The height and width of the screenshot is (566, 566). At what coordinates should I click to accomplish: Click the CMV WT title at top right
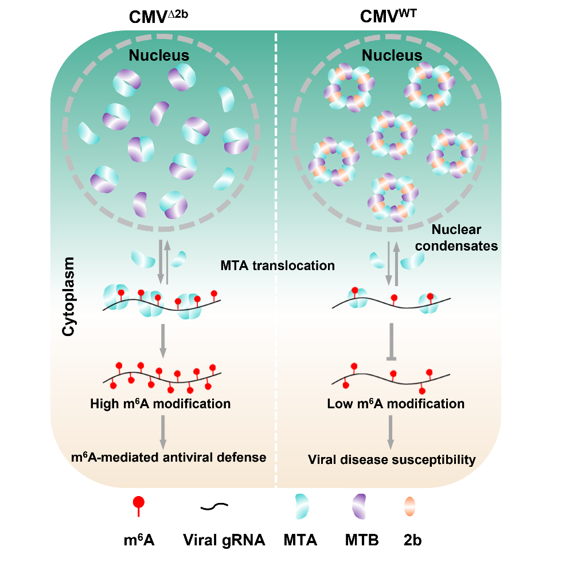388,17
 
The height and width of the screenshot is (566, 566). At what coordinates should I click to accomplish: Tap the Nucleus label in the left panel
159,56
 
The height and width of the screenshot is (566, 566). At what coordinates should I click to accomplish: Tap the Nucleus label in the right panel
393,56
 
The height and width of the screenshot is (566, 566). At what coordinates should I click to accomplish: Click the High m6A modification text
160,404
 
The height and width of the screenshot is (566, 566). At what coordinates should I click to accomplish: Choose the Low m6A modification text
396,404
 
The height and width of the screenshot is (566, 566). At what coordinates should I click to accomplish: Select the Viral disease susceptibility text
392,459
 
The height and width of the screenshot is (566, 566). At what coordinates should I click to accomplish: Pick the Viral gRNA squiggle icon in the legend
214,506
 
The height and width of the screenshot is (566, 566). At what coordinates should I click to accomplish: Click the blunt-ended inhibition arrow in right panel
392,341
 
